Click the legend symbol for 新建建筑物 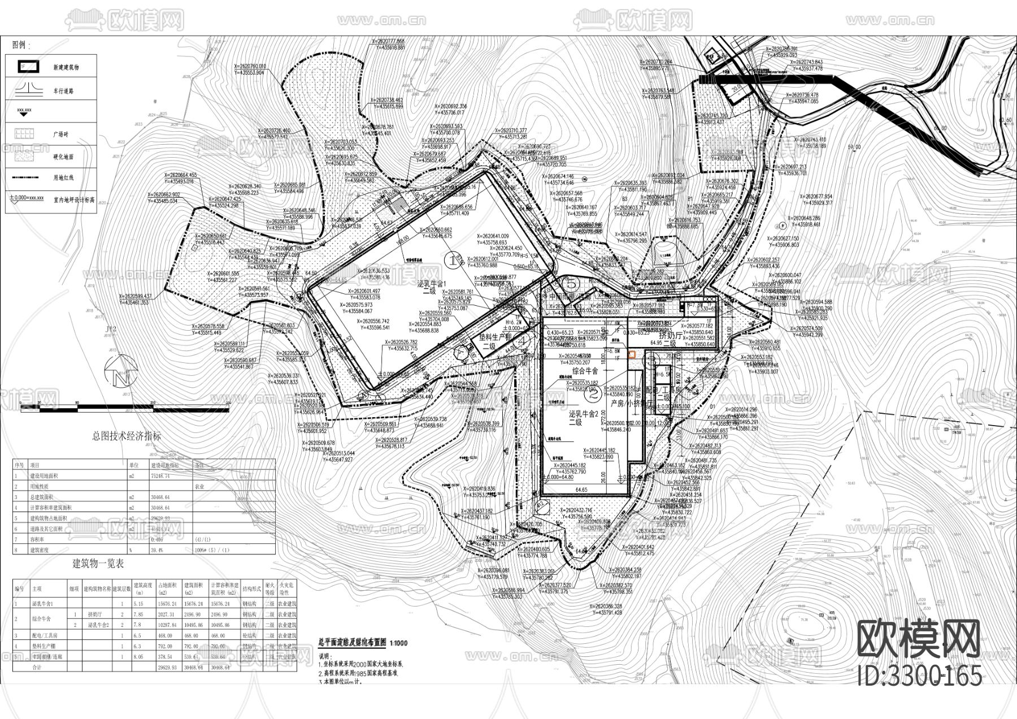point(23,66)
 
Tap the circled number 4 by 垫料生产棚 point(522,340)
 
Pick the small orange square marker point(632,354)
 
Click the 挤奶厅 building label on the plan point(670,335)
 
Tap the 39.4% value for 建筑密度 point(157,550)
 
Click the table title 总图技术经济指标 point(127,436)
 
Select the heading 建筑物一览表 point(98,563)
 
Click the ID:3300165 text point(919,674)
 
